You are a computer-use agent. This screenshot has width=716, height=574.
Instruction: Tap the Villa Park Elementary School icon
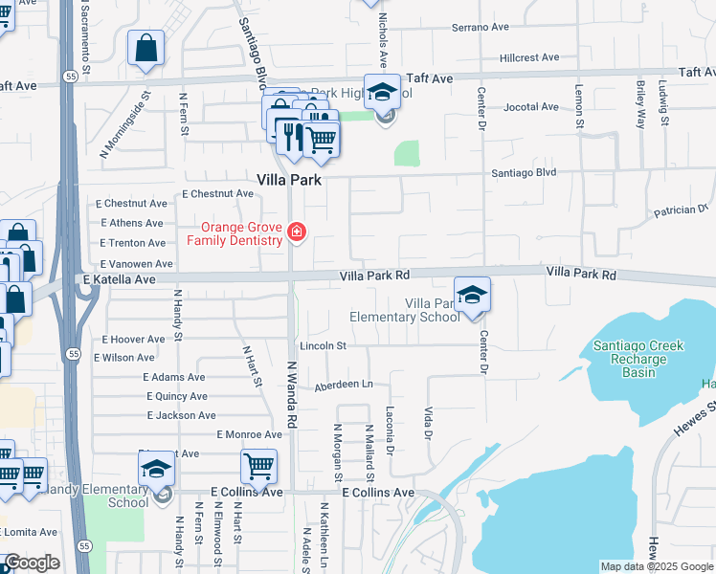pyautogui.click(x=471, y=296)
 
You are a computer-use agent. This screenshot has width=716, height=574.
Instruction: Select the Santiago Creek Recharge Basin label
pyautogui.click(x=629, y=359)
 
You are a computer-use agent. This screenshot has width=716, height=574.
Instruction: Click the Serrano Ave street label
pyautogui.click(x=481, y=27)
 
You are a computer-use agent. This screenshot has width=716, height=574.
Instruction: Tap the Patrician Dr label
pyautogui.click(x=680, y=208)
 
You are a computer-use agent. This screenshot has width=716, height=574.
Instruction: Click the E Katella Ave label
pyautogui.click(x=119, y=279)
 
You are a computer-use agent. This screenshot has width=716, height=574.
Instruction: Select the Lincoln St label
pyautogui.click(x=322, y=344)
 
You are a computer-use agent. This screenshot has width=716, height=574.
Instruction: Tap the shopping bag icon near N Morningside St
pyautogui.click(x=145, y=49)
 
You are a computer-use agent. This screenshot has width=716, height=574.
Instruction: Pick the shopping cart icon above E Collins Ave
pyautogui.click(x=258, y=467)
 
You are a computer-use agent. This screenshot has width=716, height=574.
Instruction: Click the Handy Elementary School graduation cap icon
pyautogui.click(x=156, y=469)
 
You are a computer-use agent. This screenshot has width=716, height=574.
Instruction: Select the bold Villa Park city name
pyautogui.click(x=288, y=179)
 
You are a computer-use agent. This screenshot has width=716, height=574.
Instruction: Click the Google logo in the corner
pyautogui.click(x=31, y=563)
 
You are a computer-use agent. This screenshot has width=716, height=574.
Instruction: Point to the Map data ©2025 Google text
pyautogui.click(x=656, y=566)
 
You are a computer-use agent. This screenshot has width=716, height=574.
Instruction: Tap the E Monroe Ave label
pyautogui.click(x=249, y=434)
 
